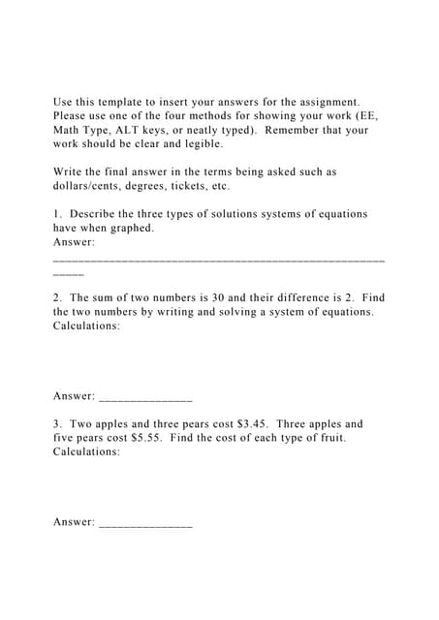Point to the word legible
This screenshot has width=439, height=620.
[199, 143]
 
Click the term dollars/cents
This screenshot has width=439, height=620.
[91, 186]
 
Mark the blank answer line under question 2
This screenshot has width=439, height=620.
[145, 398]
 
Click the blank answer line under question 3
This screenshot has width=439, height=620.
[145, 524]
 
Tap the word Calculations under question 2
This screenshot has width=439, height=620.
[87, 326]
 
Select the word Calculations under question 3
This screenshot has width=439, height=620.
[87, 452]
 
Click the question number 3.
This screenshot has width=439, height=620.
[57, 424]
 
